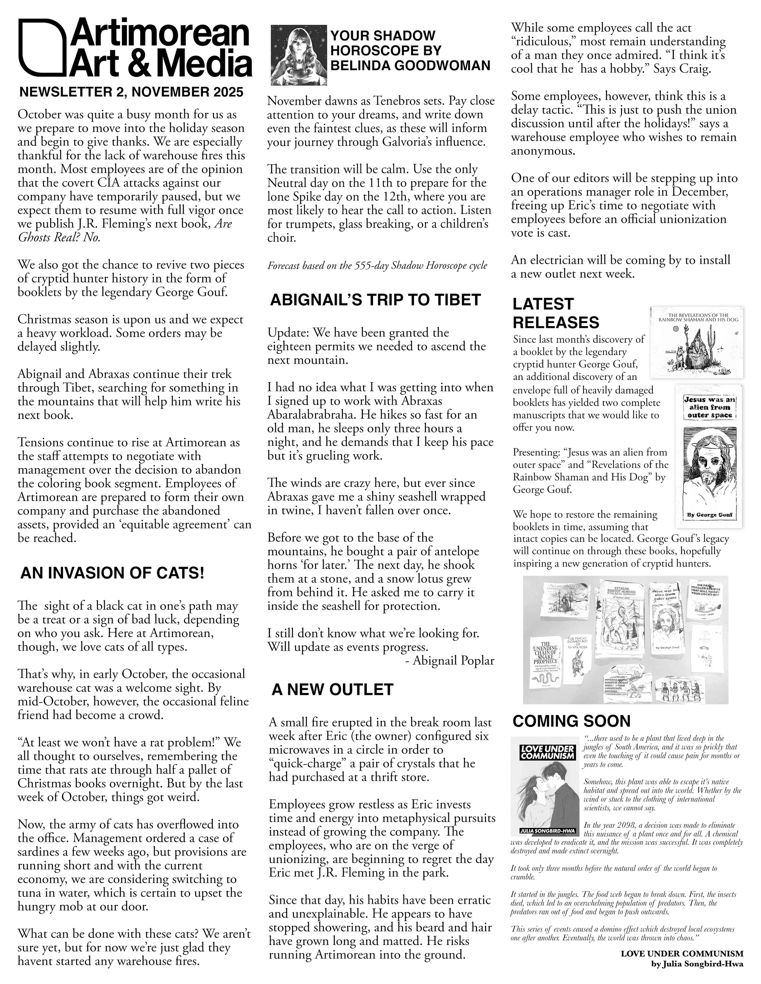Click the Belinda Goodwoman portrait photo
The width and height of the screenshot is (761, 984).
298,55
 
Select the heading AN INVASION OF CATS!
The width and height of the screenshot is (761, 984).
112,573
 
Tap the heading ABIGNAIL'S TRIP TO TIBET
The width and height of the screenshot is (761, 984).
375,300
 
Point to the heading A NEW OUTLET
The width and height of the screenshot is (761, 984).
332,689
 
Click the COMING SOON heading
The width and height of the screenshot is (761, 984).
571,721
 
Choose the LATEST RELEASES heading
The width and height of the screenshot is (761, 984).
555,313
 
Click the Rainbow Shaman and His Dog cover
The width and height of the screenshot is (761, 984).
696,343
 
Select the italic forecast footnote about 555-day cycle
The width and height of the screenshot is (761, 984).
377,265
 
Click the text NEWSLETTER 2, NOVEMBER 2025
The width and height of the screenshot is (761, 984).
131,92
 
